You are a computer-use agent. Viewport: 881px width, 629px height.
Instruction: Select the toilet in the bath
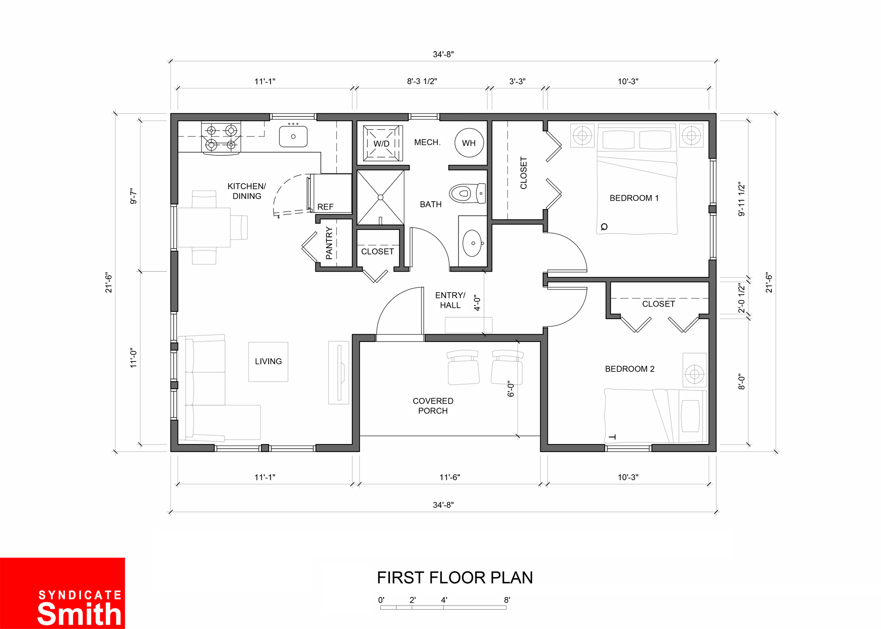pos(467,193)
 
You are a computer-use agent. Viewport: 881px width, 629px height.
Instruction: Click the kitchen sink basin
pos(293,136)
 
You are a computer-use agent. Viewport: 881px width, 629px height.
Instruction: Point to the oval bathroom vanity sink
pos(472,243)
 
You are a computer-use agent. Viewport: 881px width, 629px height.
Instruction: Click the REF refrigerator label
pos(326,207)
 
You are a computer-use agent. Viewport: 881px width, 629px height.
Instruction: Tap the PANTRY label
pos(329,243)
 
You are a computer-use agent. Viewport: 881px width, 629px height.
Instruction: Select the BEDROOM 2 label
pos(629,369)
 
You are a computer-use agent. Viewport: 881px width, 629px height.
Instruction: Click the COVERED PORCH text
pos(433,406)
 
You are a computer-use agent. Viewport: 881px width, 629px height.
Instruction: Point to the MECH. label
pos(427,142)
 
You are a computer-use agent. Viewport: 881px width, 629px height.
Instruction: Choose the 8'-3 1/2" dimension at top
pos(422,81)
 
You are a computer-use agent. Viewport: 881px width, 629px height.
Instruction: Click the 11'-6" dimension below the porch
pos(450,477)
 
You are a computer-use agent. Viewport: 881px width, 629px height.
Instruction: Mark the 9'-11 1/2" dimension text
pos(741,199)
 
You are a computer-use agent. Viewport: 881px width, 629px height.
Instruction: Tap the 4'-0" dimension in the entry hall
pos(477,303)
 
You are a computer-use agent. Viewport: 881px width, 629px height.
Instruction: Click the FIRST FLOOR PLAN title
pos(455,578)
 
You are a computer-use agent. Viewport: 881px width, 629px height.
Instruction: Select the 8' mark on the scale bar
pos(507,600)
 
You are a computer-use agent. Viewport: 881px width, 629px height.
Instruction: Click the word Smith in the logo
pos(79,614)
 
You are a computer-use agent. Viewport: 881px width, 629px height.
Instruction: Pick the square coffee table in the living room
pos(268,362)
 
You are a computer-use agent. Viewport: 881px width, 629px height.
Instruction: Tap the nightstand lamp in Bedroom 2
pos(695,374)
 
